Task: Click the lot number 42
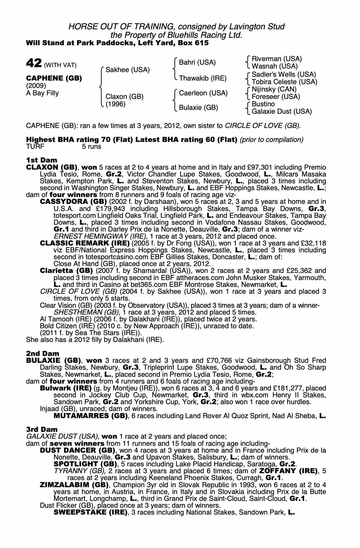point(34,63)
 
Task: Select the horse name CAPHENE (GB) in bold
point(54,78)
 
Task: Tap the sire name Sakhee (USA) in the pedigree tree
point(128,70)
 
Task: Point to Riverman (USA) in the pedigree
point(276,59)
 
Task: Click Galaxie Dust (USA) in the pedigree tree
point(282,111)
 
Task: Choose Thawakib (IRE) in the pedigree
point(202,78)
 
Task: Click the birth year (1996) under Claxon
point(116,104)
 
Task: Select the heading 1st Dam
point(41,160)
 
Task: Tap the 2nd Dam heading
point(42,354)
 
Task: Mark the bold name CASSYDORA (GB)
point(73,202)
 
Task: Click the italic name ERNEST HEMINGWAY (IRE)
point(100,236)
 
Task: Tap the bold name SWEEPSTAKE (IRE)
point(90,512)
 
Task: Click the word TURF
point(35,147)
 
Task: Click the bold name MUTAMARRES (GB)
point(90,416)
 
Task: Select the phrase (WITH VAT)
point(60,65)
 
